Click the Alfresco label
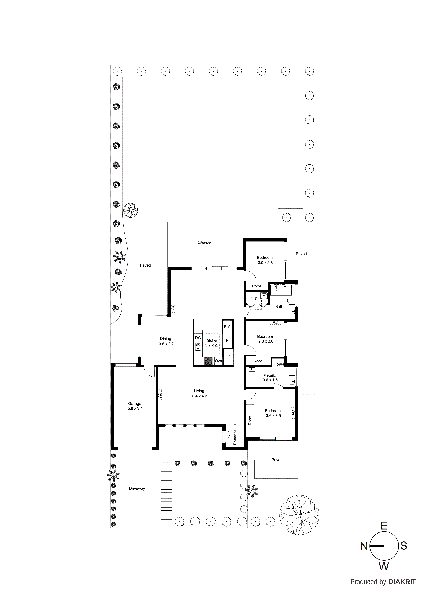click(x=204, y=243)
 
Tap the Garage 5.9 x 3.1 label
click(x=135, y=406)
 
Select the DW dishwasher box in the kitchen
click(x=198, y=338)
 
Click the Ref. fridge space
click(x=227, y=327)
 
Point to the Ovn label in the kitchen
click(x=218, y=361)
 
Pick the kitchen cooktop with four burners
click(x=209, y=361)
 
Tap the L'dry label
click(x=253, y=298)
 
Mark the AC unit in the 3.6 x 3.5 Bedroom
click(x=293, y=413)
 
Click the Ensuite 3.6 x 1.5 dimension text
click(x=270, y=380)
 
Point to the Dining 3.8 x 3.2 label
click(x=166, y=341)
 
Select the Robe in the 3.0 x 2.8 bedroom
click(x=256, y=286)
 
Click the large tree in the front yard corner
click(x=299, y=514)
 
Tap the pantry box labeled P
click(x=227, y=340)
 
